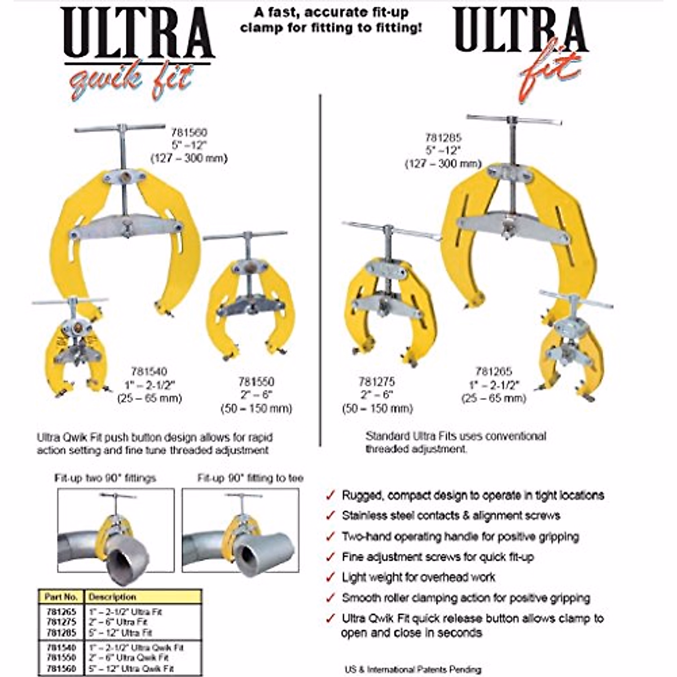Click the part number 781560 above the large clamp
(189, 133)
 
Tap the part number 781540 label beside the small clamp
(149, 371)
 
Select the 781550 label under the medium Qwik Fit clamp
(256, 381)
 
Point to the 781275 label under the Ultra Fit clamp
(377, 381)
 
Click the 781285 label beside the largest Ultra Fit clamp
(443, 137)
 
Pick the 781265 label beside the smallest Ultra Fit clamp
(494, 371)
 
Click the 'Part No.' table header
(61, 597)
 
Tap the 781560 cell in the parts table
(61, 668)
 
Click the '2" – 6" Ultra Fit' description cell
(118, 622)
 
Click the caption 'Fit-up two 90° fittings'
(105, 478)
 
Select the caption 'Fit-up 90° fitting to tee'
(250, 478)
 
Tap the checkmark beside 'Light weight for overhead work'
(330, 577)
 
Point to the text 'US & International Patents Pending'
(413, 669)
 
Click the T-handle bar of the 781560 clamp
(120, 128)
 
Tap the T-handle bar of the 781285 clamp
(514, 120)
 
